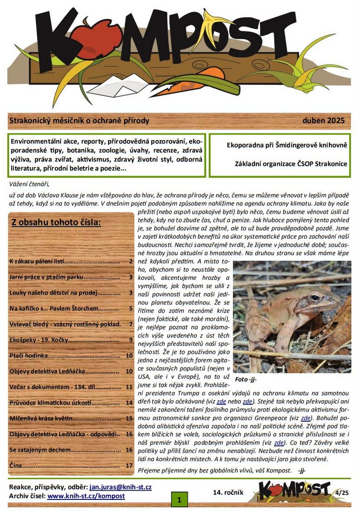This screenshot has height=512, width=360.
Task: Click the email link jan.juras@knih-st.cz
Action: (120, 487)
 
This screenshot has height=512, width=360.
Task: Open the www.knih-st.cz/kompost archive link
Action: (86, 496)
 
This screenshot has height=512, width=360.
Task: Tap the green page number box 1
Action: (179, 500)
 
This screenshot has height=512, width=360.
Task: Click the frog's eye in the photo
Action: (315, 296)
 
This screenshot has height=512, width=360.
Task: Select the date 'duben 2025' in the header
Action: (323, 121)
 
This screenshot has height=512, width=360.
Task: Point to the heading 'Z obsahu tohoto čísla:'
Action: (56, 222)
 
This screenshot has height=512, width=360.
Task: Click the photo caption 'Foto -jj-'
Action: (246, 379)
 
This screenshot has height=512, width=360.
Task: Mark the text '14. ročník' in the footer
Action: (228, 492)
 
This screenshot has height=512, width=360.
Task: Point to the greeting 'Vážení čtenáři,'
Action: (29, 184)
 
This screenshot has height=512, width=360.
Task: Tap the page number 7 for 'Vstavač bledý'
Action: (131, 324)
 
